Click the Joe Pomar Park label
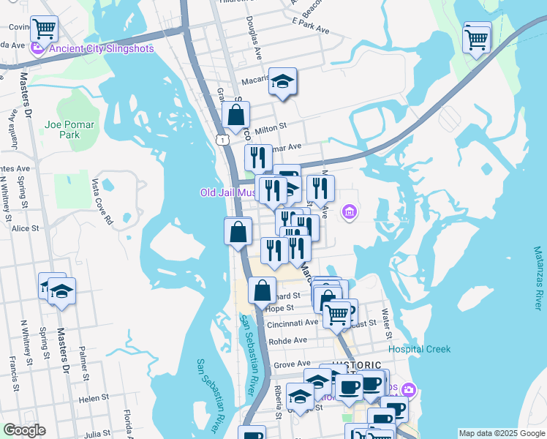69,130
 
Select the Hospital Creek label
419,349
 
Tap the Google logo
24,431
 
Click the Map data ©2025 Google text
501,433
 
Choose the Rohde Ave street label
289,340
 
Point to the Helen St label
94,398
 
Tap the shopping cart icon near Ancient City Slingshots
44,29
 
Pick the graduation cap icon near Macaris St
282,81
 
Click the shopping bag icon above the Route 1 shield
236,115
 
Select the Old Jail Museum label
228,193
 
